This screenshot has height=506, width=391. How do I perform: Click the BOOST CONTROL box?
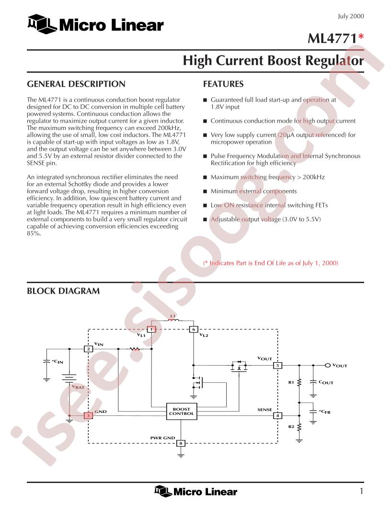click(181, 412)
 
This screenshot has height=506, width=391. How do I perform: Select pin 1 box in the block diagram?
click(151, 329)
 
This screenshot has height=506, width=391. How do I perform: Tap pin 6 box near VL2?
click(194, 329)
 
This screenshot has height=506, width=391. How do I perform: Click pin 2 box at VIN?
click(88, 349)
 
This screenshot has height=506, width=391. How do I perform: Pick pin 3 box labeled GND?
click(88, 415)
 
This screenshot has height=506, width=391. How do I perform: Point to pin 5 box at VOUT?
click(277, 365)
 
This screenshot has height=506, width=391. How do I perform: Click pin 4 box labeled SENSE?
click(277, 415)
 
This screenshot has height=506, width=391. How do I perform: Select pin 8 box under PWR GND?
click(181, 443)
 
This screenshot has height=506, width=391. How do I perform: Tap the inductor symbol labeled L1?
click(173, 320)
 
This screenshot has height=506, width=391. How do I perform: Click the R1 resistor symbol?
click(299, 382)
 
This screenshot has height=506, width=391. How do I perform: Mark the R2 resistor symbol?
click(299, 427)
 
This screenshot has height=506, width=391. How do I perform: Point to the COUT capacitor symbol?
click(313, 382)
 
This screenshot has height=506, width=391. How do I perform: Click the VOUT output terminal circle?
click(328, 365)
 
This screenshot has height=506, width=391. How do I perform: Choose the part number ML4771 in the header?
click(332, 38)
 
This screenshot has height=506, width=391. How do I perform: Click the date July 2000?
click(351, 16)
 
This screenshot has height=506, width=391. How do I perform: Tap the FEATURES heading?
click(223, 84)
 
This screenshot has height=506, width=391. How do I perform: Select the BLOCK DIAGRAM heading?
click(63, 291)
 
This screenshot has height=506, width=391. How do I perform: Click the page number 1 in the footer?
click(362, 491)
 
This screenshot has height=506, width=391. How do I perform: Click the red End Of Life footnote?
click(271, 263)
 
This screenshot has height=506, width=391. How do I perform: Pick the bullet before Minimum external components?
click(205, 191)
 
